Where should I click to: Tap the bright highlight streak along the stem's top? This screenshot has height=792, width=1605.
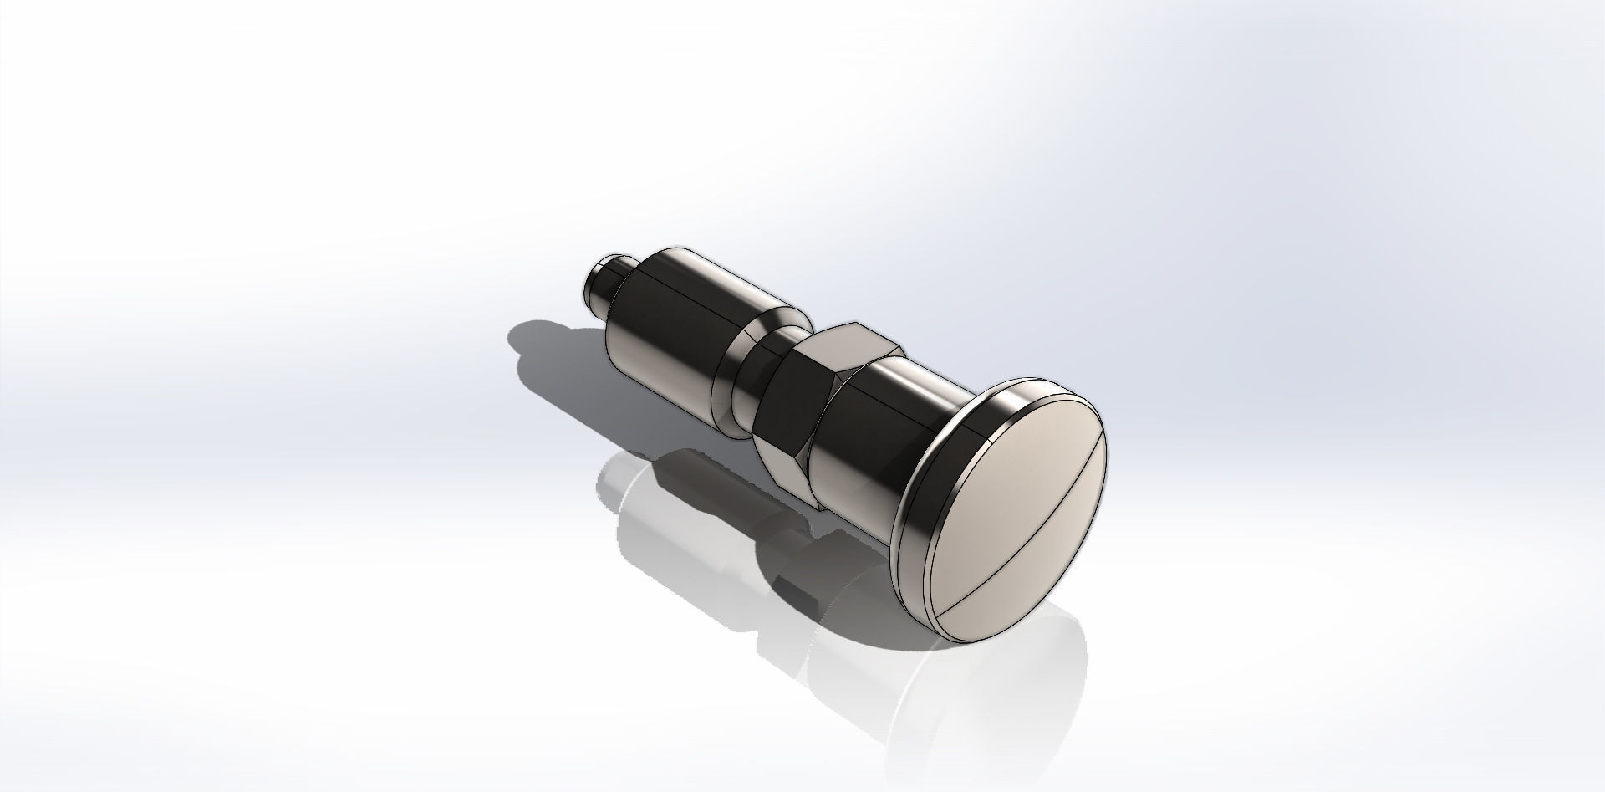tap(911, 385)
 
